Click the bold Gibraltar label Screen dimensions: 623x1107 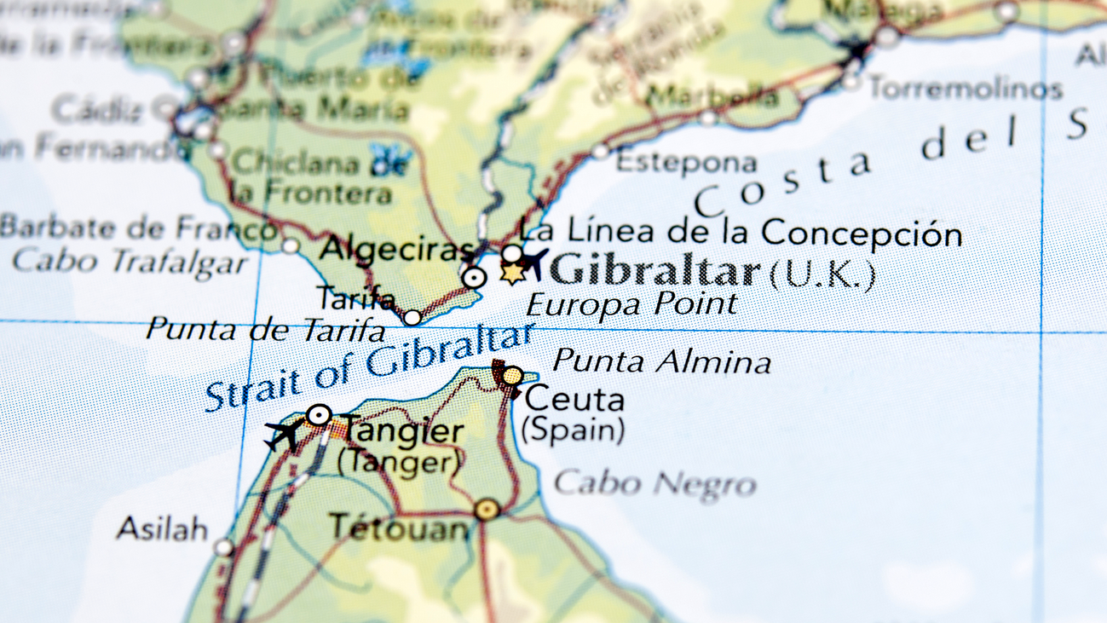[654, 271]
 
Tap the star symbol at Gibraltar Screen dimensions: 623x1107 [511, 274]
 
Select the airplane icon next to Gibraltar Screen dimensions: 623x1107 [534, 261]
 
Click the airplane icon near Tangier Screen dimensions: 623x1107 [285, 434]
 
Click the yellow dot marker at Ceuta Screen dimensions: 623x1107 [512, 376]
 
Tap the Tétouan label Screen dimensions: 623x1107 [400, 528]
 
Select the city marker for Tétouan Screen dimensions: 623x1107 [487, 510]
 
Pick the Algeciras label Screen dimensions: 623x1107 [395, 250]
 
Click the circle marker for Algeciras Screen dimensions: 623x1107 [474, 277]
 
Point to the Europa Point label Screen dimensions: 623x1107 [631, 304]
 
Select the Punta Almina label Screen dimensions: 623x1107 [661, 361]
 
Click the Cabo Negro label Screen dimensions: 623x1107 [654, 484]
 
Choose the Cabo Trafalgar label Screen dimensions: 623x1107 [130, 261]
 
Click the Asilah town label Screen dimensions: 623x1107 [162, 528]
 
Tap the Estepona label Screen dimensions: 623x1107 [686, 162]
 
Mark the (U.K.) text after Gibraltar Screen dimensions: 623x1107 [822, 274]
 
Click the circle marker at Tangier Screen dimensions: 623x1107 [319, 415]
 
